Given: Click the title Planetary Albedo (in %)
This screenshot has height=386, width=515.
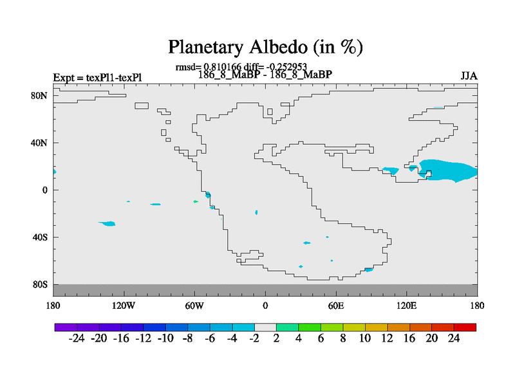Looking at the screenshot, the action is pyautogui.click(x=265, y=47).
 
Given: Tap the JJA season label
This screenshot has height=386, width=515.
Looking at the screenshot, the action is pyautogui.click(x=469, y=76).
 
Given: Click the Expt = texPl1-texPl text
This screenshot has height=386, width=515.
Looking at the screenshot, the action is pyautogui.click(x=98, y=78).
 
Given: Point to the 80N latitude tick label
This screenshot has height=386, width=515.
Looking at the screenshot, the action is pyautogui.click(x=39, y=96).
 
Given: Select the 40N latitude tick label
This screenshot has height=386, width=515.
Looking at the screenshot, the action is pyautogui.click(x=39, y=143).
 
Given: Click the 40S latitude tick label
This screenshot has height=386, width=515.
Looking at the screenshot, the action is pyautogui.click(x=40, y=237).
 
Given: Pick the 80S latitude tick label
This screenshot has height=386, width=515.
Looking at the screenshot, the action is pyautogui.click(x=40, y=284).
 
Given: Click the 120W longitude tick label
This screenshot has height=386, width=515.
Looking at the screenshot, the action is pyautogui.click(x=124, y=306).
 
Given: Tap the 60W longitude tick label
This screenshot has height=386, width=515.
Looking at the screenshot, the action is pyautogui.click(x=194, y=306).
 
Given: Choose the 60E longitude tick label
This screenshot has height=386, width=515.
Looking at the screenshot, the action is pyautogui.click(x=336, y=306).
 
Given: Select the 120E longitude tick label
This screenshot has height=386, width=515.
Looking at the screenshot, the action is pyautogui.click(x=407, y=306).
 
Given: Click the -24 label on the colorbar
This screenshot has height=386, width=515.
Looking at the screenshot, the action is pyautogui.click(x=77, y=338).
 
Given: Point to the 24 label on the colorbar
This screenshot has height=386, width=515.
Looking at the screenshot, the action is pyautogui.click(x=454, y=338).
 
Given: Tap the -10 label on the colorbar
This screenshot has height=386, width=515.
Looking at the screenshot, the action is pyautogui.click(x=165, y=338).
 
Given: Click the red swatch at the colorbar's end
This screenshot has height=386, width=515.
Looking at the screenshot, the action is pyautogui.click(x=465, y=327).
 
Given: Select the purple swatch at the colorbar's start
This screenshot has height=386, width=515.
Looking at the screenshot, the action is pyautogui.click(x=66, y=327).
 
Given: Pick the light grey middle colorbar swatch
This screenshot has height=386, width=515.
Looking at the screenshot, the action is pyautogui.click(x=265, y=327).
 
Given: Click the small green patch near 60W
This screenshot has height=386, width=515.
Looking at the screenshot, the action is pyautogui.click(x=196, y=201).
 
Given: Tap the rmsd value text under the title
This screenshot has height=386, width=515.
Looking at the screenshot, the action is pyautogui.click(x=241, y=67).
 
